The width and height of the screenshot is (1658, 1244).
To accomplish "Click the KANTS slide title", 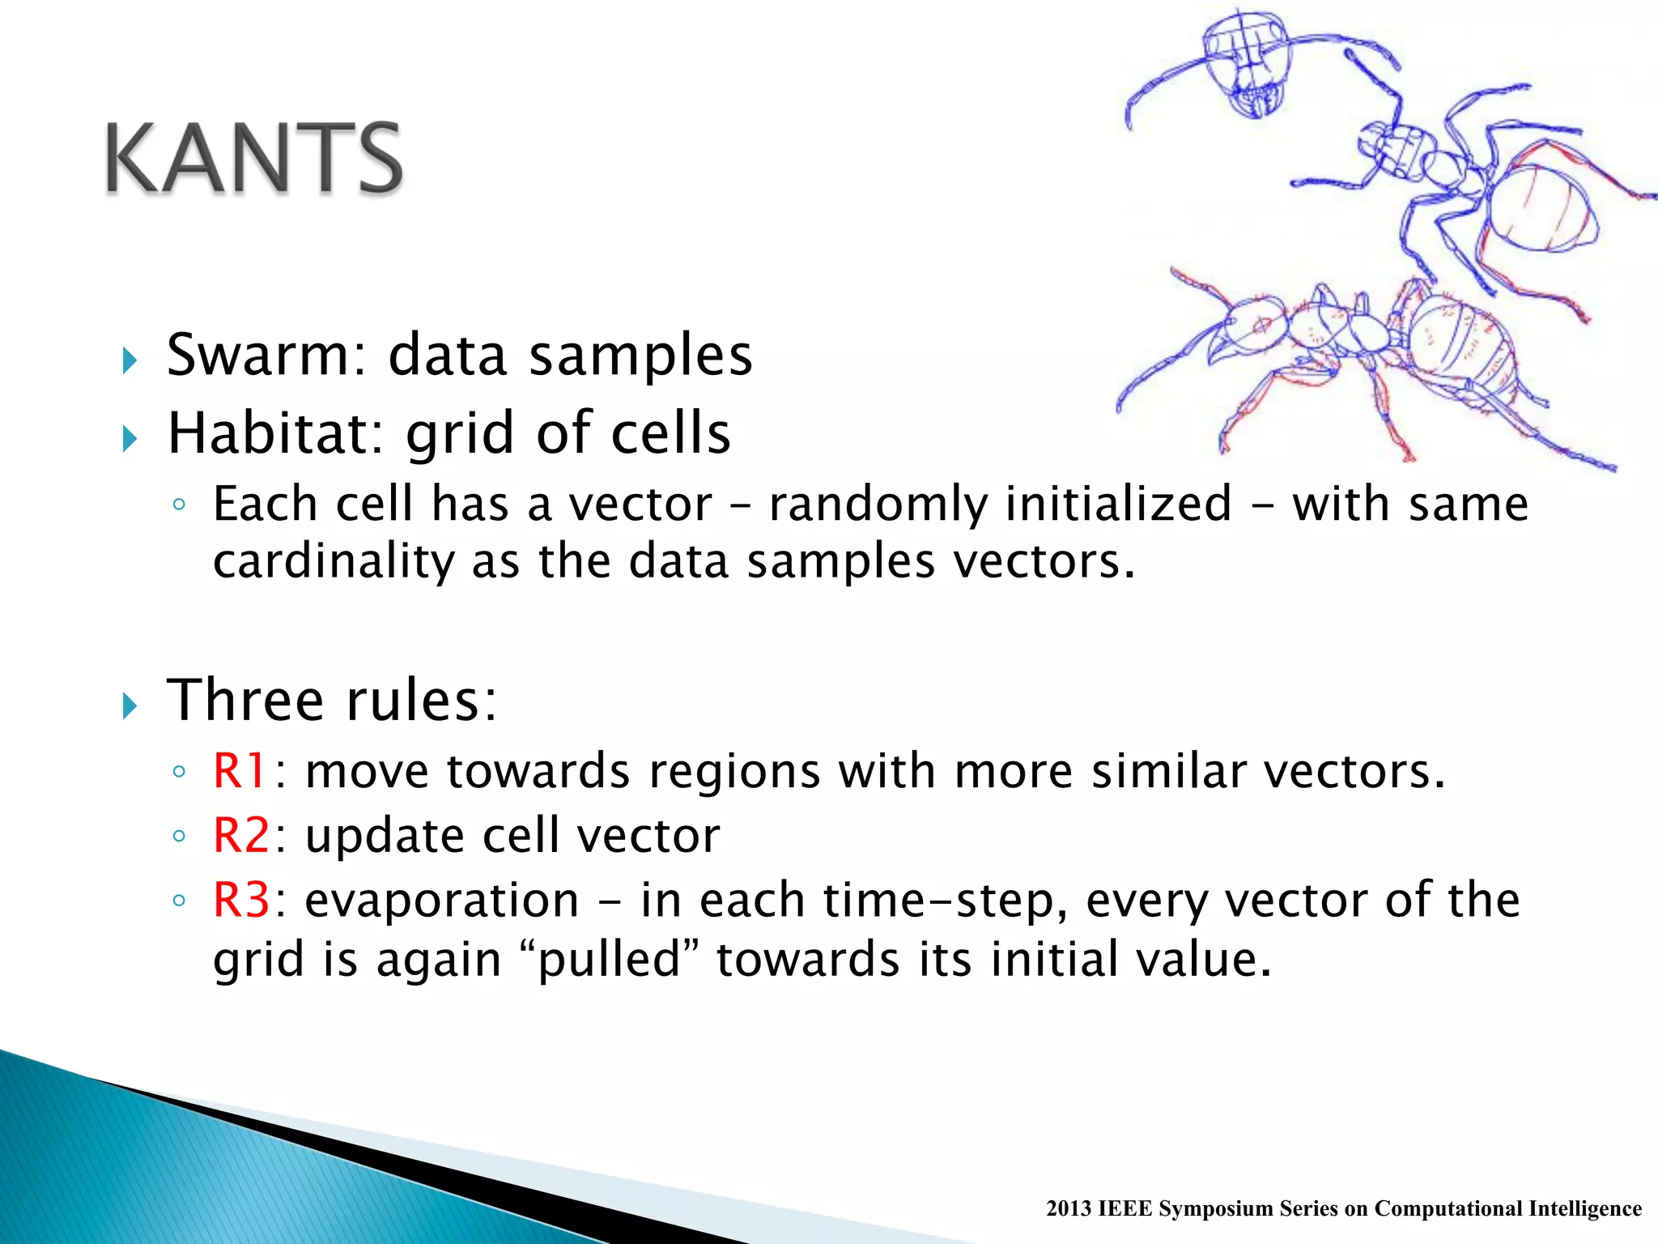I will tap(253, 158).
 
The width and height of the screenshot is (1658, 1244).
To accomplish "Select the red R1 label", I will tap(239, 770).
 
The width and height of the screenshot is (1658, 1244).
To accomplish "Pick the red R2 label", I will tap(240, 835).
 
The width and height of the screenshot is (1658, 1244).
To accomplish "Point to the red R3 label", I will tap(240, 900).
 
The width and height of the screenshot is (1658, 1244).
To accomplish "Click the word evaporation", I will tap(442, 901).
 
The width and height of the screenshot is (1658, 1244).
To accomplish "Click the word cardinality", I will tap(334, 561).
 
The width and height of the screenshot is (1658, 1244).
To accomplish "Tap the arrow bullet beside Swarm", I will tap(130, 360).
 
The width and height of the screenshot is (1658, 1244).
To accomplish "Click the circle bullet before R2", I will tap(179, 836).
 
